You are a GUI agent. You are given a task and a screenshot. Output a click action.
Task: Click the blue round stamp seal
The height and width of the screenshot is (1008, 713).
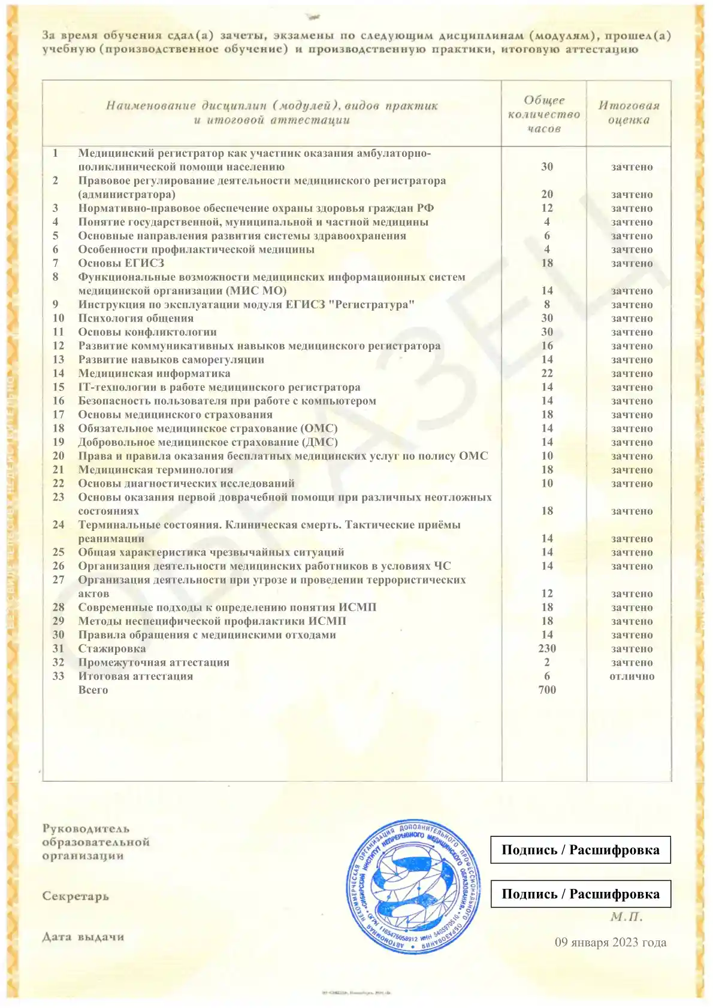click(414, 887)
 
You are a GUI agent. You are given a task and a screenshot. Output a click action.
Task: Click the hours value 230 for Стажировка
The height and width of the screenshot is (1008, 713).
click(547, 648)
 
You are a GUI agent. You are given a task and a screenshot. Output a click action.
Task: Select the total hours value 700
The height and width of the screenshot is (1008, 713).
click(547, 690)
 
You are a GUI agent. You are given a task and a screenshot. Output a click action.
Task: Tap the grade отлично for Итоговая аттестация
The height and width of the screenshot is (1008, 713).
click(632, 676)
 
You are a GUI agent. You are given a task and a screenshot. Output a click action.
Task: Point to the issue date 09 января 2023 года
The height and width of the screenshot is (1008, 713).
click(610, 942)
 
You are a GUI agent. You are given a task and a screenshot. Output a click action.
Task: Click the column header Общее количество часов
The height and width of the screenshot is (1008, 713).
click(544, 114)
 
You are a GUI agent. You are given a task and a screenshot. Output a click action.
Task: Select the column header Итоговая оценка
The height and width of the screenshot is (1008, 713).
click(629, 113)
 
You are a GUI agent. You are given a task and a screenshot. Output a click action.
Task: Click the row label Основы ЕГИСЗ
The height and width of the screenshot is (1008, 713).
click(121, 263)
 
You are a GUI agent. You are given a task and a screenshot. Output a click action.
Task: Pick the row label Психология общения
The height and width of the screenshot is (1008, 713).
click(135, 318)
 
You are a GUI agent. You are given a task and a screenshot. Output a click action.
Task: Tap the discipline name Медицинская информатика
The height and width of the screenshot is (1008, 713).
click(154, 373)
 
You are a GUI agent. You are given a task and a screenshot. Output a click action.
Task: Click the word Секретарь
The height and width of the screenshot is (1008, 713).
click(75, 896)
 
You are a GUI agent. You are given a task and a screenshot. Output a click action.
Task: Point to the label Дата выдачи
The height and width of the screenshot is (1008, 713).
click(83, 937)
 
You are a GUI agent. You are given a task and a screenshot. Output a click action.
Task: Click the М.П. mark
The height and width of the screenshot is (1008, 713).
click(626, 916)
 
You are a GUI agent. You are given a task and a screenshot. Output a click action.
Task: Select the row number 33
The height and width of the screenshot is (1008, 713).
click(58, 676)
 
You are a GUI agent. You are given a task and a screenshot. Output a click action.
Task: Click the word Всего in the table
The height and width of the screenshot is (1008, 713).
click(93, 690)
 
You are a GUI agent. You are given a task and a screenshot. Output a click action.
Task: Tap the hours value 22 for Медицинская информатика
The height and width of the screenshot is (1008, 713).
click(547, 373)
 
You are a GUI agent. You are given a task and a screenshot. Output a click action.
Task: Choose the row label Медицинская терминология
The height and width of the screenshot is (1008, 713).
click(155, 469)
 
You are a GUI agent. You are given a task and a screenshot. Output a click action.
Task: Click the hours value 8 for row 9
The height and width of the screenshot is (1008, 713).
click(547, 304)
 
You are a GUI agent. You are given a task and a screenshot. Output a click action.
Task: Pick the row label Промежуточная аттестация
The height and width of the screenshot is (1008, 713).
click(153, 662)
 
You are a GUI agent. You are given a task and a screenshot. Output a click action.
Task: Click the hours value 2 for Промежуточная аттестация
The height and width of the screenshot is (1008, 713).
click(547, 662)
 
